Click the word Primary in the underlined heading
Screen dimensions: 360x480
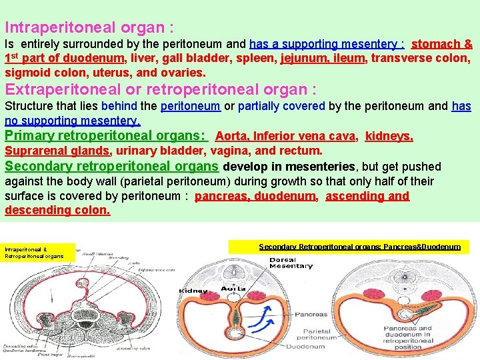[31, 135]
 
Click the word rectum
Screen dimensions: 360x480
[303, 151]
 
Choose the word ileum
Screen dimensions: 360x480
[348, 58]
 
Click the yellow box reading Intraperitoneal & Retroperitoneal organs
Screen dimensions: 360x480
[38, 251]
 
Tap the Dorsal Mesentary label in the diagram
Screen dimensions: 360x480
[291, 263]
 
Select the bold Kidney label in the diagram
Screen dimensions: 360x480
[193, 290]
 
